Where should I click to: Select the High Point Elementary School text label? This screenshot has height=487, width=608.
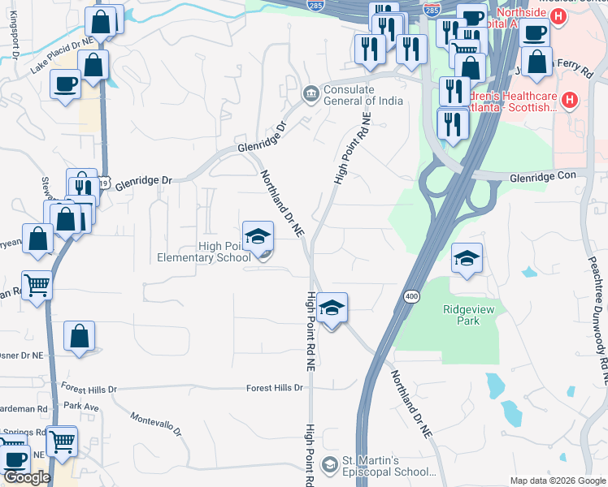(204, 252)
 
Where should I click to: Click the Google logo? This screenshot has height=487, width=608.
(27, 477)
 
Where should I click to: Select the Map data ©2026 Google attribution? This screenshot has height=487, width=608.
(557, 481)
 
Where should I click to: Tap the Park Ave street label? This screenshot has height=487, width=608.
(81, 405)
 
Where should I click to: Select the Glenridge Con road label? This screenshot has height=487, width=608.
(548, 176)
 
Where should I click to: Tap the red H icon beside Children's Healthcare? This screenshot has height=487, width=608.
(569, 101)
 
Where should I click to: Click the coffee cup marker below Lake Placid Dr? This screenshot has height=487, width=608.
(65, 84)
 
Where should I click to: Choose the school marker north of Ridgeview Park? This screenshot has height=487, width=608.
(467, 259)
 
